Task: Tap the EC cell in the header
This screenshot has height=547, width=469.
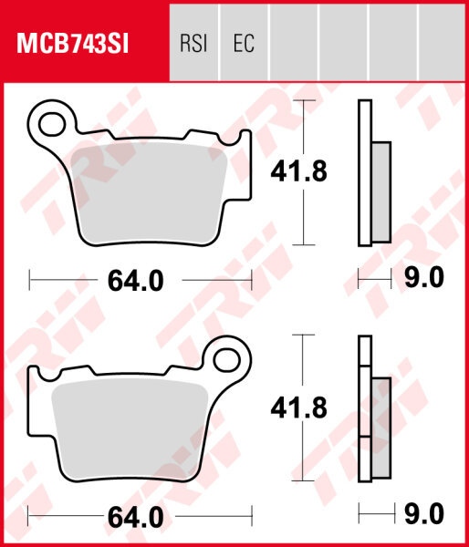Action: point(243,43)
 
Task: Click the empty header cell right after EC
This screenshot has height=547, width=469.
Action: point(294,43)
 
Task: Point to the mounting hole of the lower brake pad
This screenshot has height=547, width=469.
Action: point(224,358)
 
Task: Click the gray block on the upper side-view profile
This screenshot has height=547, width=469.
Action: point(380,191)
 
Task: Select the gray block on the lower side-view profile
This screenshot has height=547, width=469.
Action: point(380,422)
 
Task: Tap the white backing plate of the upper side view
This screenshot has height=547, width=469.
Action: point(365,173)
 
